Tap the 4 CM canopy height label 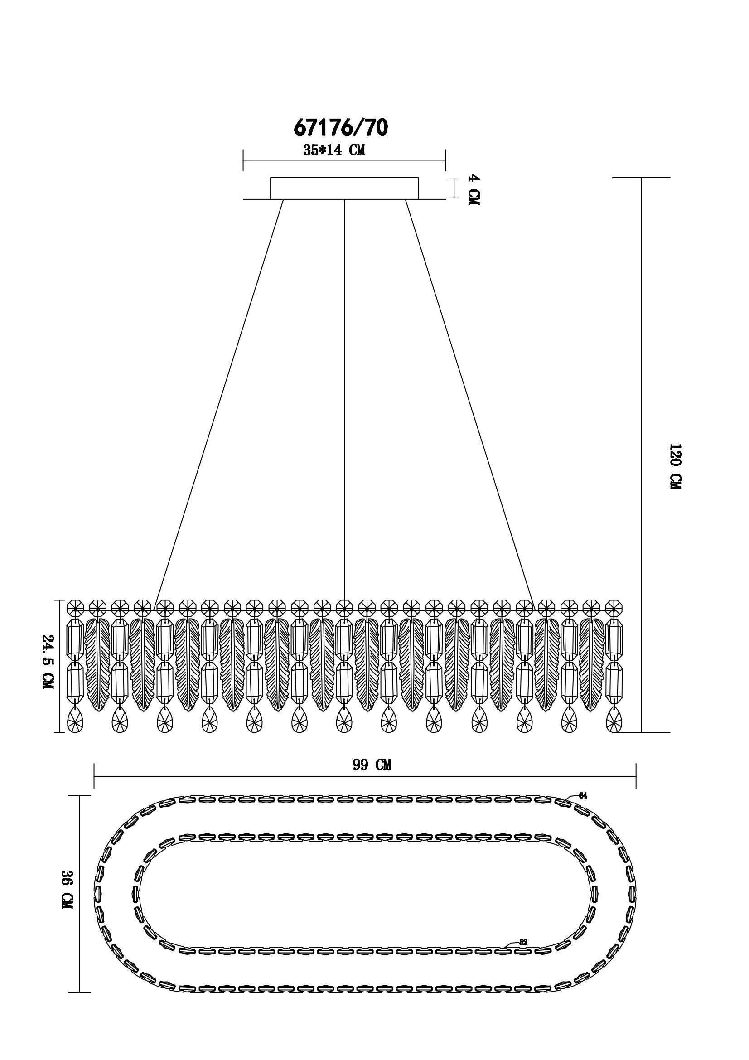(473, 190)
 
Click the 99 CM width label (372, 765)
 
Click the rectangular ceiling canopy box (344, 189)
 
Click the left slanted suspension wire (219, 402)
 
